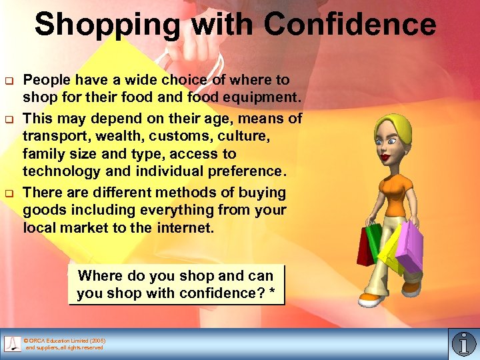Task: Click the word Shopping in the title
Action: pyautogui.click(x=107, y=25)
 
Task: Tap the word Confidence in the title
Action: pyautogui.click(x=349, y=25)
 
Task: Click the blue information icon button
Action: pyautogui.click(x=463, y=343)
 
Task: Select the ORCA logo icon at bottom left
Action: pyautogui.click(x=13, y=343)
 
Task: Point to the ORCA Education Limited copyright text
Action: pyautogui.click(x=64, y=344)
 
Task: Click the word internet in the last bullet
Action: pyautogui.click(x=186, y=228)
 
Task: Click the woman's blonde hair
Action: pyautogui.click(x=393, y=127)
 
